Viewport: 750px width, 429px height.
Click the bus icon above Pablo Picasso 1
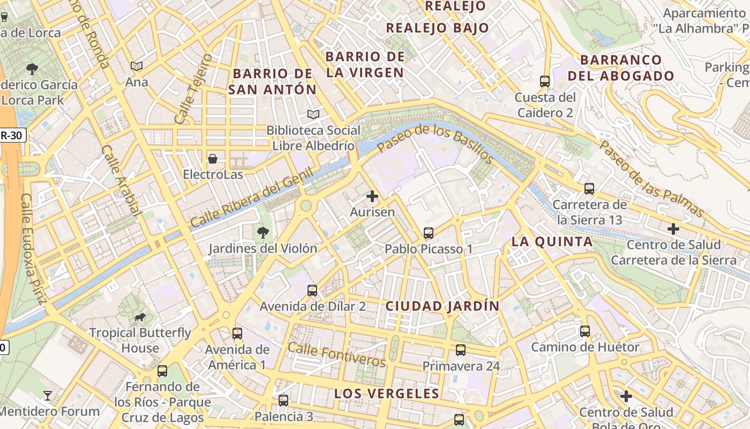click(x=428, y=233)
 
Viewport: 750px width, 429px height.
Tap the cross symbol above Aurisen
click(x=372, y=196)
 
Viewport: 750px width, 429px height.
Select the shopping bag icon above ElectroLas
click(x=213, y=159)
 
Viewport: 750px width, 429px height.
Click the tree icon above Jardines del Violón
click(x=262, y=232)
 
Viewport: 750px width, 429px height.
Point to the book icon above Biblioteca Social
click(x=313, y=114)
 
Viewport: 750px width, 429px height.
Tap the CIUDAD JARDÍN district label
click(x=442, y=306)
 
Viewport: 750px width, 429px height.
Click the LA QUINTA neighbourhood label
click(x=552, y=242)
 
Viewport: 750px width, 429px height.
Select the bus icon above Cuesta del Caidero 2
click(x=545, y=82)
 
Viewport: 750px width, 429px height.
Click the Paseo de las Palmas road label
click(x=651, y=179)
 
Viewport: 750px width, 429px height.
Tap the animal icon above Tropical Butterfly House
click(x=140, y=317)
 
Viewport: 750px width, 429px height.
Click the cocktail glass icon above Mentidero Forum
click(x=48, y=396)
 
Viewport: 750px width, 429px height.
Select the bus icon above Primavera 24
click(x=460, y=350)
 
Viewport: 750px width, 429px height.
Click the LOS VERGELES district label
click(x=386, y=394)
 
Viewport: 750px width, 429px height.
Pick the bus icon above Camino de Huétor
click(x=585, y=331)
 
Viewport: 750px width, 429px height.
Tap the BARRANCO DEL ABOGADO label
click(x=620, y=68)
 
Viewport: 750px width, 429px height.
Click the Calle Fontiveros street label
click(x=336, y=354)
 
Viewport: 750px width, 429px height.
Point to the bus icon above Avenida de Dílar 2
click(x=312, y=291)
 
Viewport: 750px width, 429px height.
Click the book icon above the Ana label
click(x=137, y=66)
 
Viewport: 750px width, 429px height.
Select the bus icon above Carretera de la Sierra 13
click(x=589, y=189)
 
